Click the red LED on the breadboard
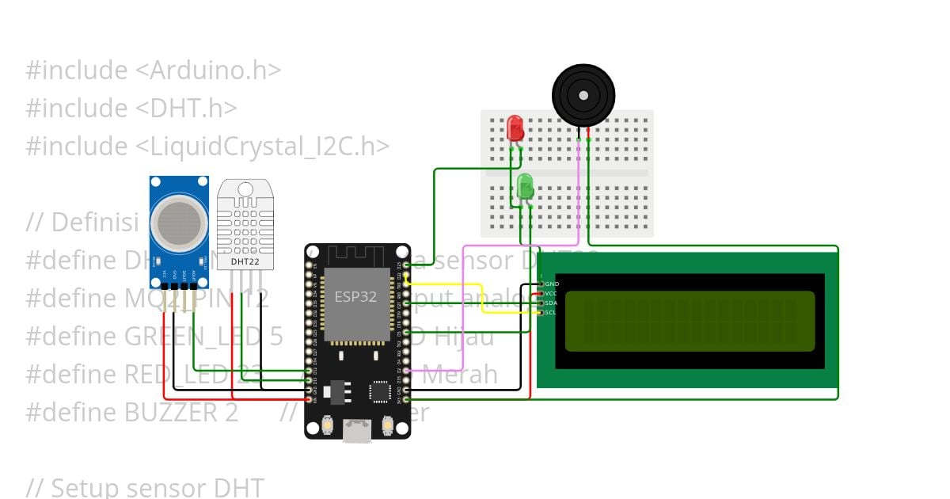[515, 128]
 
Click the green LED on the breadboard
[525, 187]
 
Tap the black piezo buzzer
[583, 95]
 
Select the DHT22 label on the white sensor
[245, 261]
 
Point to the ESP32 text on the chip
[355, 297]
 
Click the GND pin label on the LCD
[553, 284]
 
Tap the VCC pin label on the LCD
[552, 293]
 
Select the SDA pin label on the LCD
[552, 303]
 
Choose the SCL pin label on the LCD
[552, 312]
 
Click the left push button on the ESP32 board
[326, 426]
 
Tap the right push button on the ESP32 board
[388, 426]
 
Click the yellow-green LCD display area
[690, 321]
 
